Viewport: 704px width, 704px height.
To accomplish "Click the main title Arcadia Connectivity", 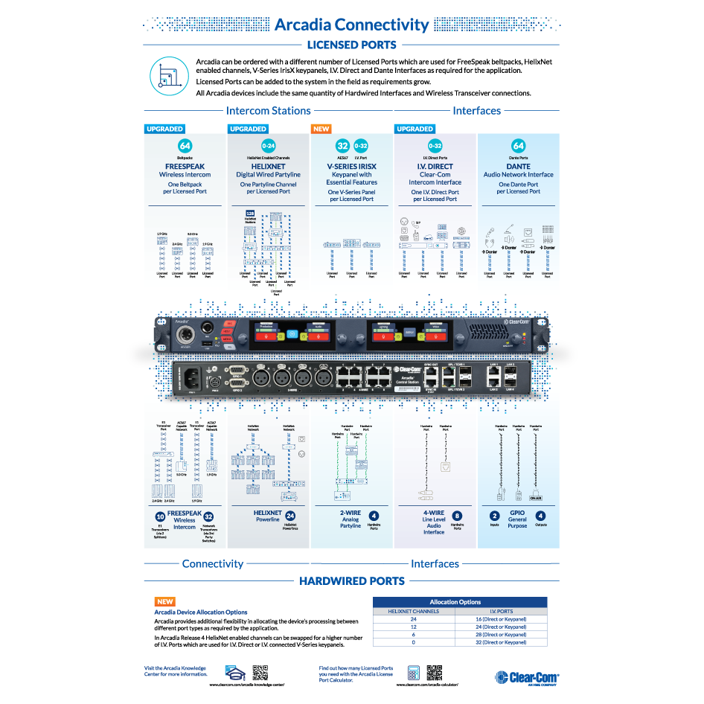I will (351, 25).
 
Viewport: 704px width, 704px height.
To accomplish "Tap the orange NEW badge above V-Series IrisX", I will (321, 129).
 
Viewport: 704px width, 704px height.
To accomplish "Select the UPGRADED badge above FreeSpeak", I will (164, 129).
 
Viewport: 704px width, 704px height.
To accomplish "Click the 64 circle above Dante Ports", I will (519, 146).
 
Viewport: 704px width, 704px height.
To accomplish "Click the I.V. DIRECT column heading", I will (435, 167).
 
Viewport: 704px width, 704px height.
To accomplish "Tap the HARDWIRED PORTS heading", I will (351, 580).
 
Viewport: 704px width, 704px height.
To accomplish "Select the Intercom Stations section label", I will (268, 111).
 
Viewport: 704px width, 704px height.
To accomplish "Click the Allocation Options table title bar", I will (459, 601).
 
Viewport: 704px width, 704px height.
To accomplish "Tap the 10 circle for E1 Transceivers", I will (160, 516).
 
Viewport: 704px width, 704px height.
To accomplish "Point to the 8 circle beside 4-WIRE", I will (457, 516).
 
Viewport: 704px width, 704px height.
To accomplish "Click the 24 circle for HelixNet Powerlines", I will (290, 516).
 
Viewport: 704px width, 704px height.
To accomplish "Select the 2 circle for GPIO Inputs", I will (494, 516).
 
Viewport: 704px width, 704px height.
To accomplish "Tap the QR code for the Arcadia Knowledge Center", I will (260, 672).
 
